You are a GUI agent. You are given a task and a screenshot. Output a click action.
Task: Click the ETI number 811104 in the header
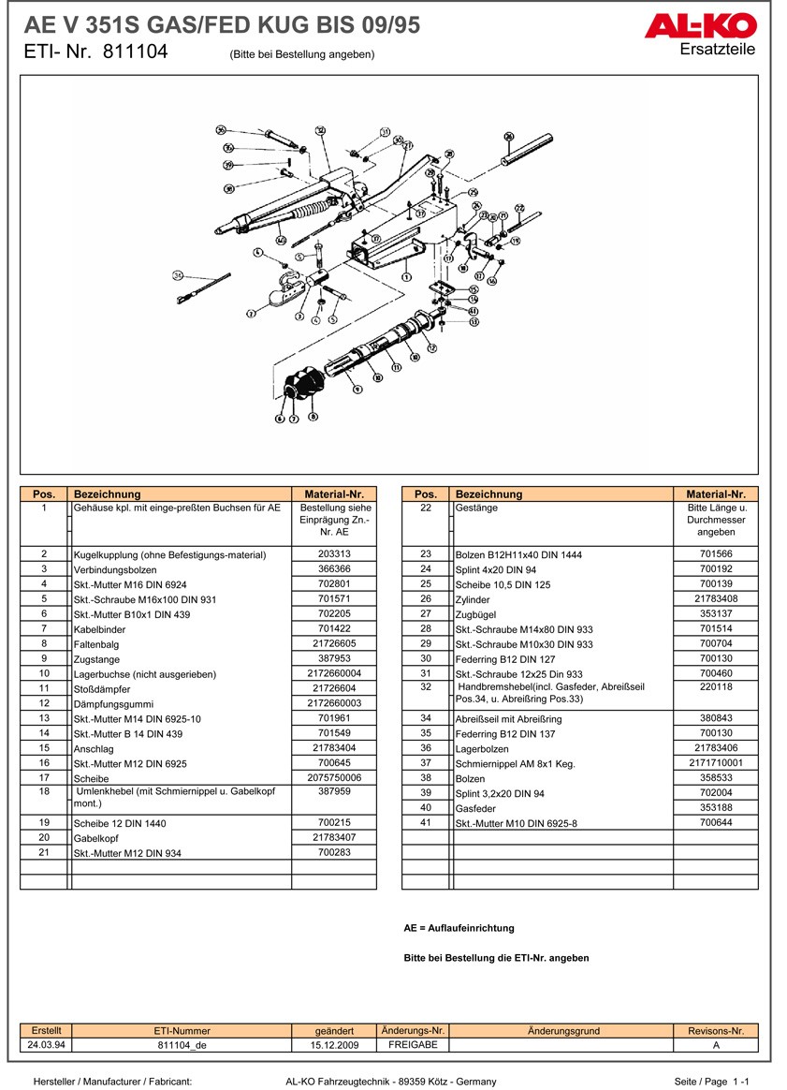[134, 52]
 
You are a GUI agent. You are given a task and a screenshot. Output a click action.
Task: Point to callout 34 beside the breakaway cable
[179, 275]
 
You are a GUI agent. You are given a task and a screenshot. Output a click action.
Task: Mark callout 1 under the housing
[406, 277]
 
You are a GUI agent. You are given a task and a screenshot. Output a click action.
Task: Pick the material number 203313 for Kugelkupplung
[334, 554]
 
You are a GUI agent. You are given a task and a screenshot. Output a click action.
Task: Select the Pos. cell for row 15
[44, 748]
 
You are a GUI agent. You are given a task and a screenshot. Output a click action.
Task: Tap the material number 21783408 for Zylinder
[715, 598]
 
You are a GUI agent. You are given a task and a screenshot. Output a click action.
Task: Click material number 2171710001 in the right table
[715, 763]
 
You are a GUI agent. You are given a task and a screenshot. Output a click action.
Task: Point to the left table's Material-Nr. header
[334, 493]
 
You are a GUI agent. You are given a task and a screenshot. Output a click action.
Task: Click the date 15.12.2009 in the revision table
[334, 1044]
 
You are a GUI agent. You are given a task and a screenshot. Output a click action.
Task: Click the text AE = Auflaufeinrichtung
[459, 928]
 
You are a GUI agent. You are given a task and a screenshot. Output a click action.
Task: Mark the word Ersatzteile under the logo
[718, 50]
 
